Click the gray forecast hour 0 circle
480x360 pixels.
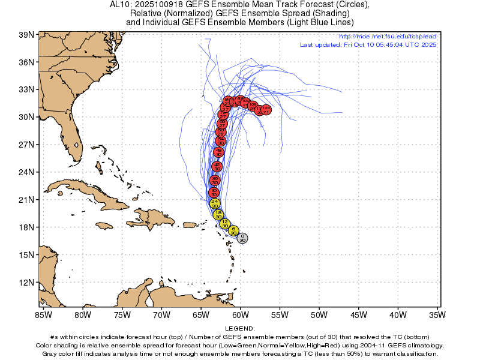pos(242,238)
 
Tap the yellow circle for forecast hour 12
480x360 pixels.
pos(224,224)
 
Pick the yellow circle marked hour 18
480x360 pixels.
pos(218,215)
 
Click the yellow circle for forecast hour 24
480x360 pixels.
pos(215,203)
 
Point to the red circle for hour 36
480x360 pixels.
pos(215,180)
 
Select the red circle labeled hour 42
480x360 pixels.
pos(217,166)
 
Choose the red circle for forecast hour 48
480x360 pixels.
pos(218,152)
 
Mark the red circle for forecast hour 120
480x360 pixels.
pos(266,110)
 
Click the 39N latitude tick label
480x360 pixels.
pos(26,35)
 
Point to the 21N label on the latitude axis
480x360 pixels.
pos(26,200)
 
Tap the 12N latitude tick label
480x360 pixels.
pos(26,282)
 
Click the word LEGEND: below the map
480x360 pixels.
pos(240,329)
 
